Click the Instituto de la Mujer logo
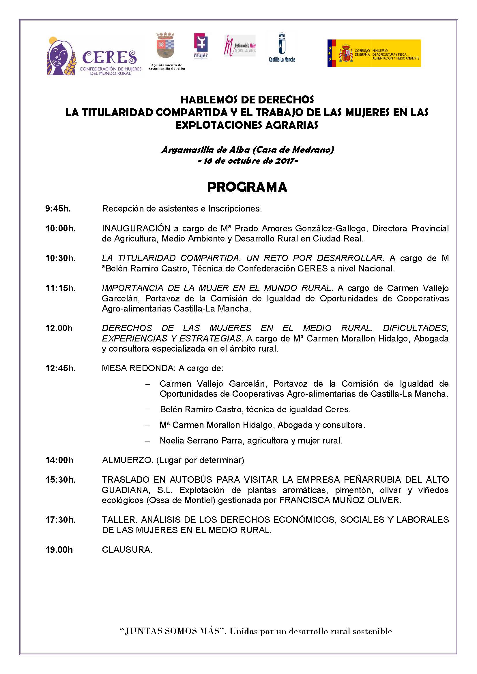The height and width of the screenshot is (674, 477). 240,46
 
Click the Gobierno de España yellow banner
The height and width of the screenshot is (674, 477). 374,53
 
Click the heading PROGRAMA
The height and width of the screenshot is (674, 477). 247,187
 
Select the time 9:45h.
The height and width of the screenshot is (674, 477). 58,209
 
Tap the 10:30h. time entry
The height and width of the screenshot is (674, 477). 60,258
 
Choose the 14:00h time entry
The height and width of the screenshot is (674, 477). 59,460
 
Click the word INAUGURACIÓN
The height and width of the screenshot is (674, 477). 136,229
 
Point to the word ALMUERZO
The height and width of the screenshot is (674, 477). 127,460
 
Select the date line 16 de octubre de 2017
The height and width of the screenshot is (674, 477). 248,161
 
